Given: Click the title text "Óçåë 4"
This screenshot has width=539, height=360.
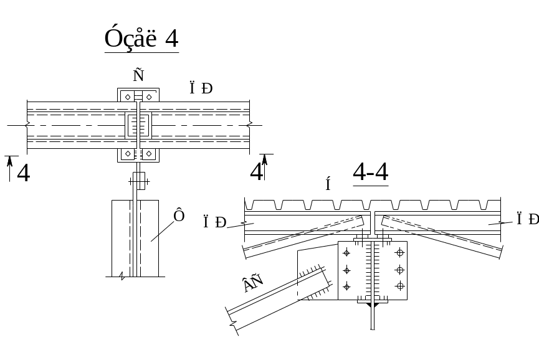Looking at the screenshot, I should tap(141, 39).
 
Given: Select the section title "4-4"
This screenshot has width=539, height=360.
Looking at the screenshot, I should tap(371, 173).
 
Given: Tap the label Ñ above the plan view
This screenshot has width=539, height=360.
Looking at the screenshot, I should tap(138, 75).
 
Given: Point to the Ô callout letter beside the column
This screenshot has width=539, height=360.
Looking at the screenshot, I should tap(179, 216).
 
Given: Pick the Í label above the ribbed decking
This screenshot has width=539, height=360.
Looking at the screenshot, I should tap(328, 184).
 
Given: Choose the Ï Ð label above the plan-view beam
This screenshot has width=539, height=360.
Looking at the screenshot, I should tap(201, 88).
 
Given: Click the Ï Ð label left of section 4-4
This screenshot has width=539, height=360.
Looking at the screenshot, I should tap(214, 222).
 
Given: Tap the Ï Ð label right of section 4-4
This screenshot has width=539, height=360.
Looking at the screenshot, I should tap(527, 219).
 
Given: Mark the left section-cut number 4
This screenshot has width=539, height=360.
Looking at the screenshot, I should tap(23, 173).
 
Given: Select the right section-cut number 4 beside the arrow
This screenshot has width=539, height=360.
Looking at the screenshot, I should tap(255, 171).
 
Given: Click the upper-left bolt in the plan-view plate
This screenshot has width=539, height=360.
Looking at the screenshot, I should tap(128, 97).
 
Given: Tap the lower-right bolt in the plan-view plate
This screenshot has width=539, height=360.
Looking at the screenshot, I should tap(148, 153).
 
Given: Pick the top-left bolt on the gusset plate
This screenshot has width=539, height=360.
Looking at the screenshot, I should tap(346, 253).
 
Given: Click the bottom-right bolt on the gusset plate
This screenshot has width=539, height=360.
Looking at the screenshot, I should tap(400, 285).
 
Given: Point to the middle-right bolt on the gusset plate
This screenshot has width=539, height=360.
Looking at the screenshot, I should tap(400, 269).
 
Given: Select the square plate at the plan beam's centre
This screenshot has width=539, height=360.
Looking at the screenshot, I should tap(138, 125).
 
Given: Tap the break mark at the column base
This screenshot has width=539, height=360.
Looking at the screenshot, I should tap(122, 275).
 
